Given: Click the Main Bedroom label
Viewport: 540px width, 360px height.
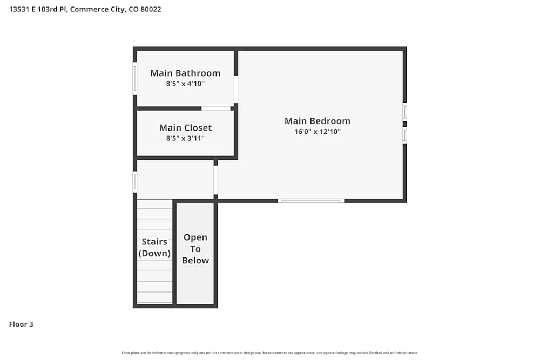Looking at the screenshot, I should pos(318,121).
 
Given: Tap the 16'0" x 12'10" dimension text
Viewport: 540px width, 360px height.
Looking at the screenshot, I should pos(318,132).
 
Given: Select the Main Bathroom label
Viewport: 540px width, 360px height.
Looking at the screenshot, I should pos(185,73).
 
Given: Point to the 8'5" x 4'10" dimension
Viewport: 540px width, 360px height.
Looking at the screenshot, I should pos(185,84).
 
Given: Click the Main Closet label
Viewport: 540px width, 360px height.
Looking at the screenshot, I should pos(185,128).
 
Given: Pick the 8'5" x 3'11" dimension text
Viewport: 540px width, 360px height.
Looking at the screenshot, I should pos(185,138).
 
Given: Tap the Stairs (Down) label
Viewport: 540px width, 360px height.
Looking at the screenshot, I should pos(154,247).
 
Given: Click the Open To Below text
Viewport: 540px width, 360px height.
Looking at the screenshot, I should pos(195,249).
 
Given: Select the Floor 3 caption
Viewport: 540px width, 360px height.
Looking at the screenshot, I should pos(21,324).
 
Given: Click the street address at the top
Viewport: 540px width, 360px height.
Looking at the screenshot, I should pos(85,9).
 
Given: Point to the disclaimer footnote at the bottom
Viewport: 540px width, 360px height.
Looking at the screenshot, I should pos(270,353).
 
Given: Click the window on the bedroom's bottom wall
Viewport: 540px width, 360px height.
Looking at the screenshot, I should pos(310,201).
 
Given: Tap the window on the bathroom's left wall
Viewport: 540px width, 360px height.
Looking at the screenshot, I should pos(135,79).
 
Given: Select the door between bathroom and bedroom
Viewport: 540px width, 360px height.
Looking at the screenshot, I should pos(236,89).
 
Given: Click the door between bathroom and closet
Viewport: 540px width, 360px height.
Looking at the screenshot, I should pos(216,108).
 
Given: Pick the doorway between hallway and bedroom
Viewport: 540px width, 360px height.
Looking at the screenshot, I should pos(216,180).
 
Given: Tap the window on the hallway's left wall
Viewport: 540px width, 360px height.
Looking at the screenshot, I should pos(135,182).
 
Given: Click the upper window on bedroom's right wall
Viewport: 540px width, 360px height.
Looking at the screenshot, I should pos(404,112).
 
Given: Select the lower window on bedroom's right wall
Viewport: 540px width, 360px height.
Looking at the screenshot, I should pos(404,135).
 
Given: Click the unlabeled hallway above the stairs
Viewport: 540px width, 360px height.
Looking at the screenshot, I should pos(175,179).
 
